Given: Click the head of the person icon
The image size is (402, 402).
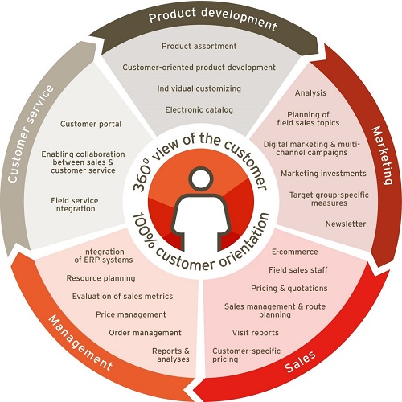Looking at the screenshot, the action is click(x=201, y=178).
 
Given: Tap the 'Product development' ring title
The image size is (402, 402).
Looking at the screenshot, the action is click(x=213, y=18).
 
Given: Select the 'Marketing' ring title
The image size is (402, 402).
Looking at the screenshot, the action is click(x=383, y=155).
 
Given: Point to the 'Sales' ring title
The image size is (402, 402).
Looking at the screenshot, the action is click(x=300, y=361).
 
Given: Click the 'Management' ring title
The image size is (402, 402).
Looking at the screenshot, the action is click(x=80, y=343).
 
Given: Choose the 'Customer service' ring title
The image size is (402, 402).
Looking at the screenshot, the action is click(x=30, y=134).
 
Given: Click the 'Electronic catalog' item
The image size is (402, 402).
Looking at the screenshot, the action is click(x=199, y=109).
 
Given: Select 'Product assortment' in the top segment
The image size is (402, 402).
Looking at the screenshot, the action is click(x=199, y=46).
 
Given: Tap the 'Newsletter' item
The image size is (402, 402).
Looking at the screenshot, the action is click(x=346, y=224).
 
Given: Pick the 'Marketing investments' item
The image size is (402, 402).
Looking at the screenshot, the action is click(x=323, y=174).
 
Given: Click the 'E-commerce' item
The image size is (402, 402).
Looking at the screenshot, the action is click(x=295, y=252).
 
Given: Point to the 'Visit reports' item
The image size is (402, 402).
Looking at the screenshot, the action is click(x=256, y=333).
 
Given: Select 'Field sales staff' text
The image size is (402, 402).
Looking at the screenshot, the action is click(x=298, y=270).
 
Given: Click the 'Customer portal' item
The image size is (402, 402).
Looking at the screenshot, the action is click(x=91, y=124).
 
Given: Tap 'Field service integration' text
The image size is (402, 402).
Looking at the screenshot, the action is click(x=75, y=204).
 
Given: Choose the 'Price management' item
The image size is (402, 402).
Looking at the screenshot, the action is click(x=131, y=314).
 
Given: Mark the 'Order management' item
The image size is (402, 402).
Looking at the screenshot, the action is click(x=145, y=333).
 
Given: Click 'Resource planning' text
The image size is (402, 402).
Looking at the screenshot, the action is click(x=100, y=278).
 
